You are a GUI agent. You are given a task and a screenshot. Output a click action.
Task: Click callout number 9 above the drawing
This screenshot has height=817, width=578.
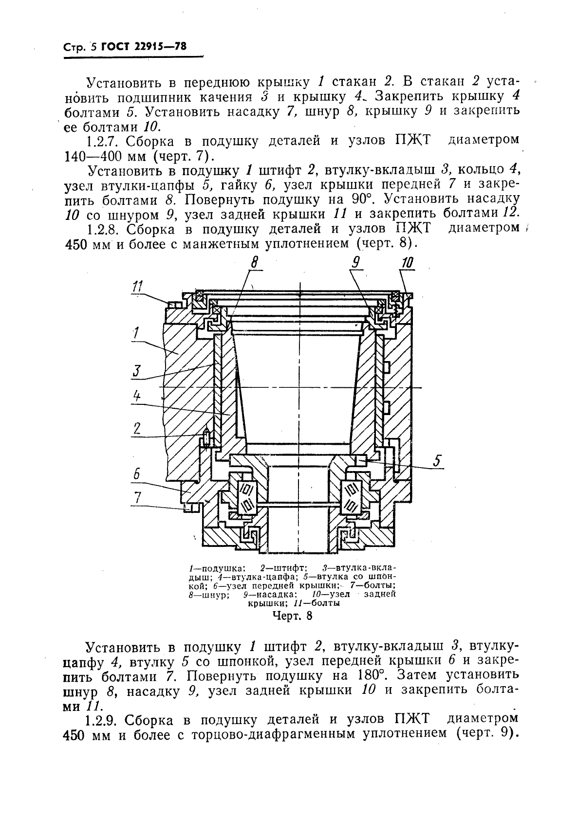(x=356, y=263)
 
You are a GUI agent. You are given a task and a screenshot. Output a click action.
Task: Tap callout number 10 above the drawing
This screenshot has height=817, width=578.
(x=407, y=263)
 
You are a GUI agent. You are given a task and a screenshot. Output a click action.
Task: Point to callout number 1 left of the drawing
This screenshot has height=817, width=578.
(x=136, y=333)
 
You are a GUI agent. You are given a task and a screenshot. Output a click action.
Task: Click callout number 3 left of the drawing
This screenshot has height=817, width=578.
(x=136, y=371)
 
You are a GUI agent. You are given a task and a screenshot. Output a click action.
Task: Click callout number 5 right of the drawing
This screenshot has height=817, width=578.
(x=437, y=460)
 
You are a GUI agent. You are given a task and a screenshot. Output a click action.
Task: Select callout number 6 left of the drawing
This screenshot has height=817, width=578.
(x=137, y=473)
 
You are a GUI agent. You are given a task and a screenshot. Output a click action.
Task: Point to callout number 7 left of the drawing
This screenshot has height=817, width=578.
(x=138, y=497)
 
